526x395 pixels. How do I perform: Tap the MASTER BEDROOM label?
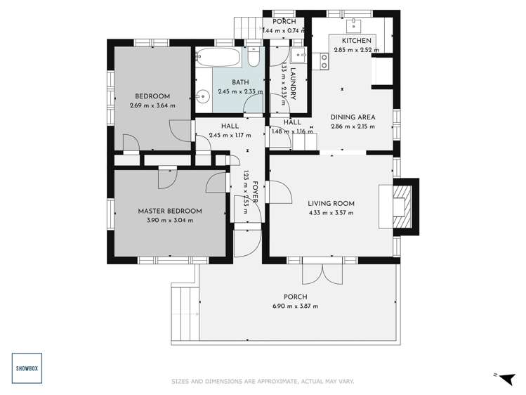pos(170,211)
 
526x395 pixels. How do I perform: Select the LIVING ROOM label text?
pos(331,204)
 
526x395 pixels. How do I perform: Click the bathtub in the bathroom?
pos(218,57)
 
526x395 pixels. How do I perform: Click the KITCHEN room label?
pos(356,41)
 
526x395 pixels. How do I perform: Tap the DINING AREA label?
pos(353,117)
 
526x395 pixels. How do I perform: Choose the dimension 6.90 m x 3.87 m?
pos(295,306)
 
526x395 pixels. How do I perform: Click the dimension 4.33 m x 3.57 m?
pos(331,213)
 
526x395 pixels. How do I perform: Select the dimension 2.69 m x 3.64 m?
pos(152,105)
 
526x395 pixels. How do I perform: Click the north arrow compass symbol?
pos(502,376)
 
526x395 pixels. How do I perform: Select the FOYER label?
pos(256,192)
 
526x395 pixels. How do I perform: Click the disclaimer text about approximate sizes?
pos(263,382)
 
